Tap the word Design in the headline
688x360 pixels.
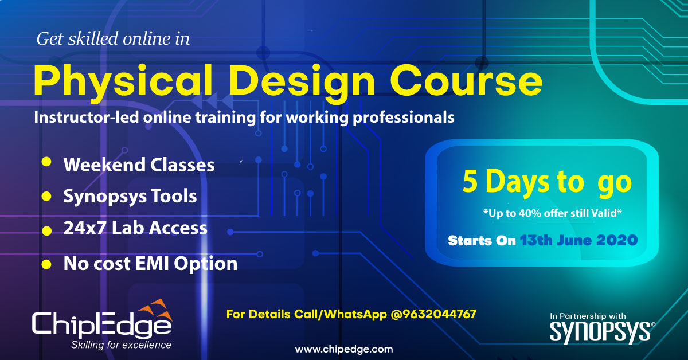pyautogui.click(x=302, y=83)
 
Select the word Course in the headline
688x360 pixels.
pyautogui.click(x=466, y=80)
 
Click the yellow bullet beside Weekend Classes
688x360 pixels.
pyautogui.click(x=46, y=162)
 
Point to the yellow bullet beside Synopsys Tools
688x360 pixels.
pyautogui.click(x=46, y=197)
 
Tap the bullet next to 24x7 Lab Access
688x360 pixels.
pyautogui.click(x=46, y=230)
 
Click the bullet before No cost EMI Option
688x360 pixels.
pyautogui.click(x=46, y=264)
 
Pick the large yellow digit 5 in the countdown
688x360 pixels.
pyautogui.click(x=470, y=181)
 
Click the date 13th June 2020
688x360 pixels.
pyautogui.click(x=578, y=240)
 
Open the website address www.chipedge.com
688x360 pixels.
pyautogui.click(x=344, y=349)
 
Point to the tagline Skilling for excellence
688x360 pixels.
pyautogui.click(x=121, y=345)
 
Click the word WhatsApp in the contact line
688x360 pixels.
pyautogui.click(x=355, y=314)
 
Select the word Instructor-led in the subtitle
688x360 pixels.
pyautogui.click(x=87, y=118)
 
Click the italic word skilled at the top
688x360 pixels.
pyautogui.click(x=93, y=39)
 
